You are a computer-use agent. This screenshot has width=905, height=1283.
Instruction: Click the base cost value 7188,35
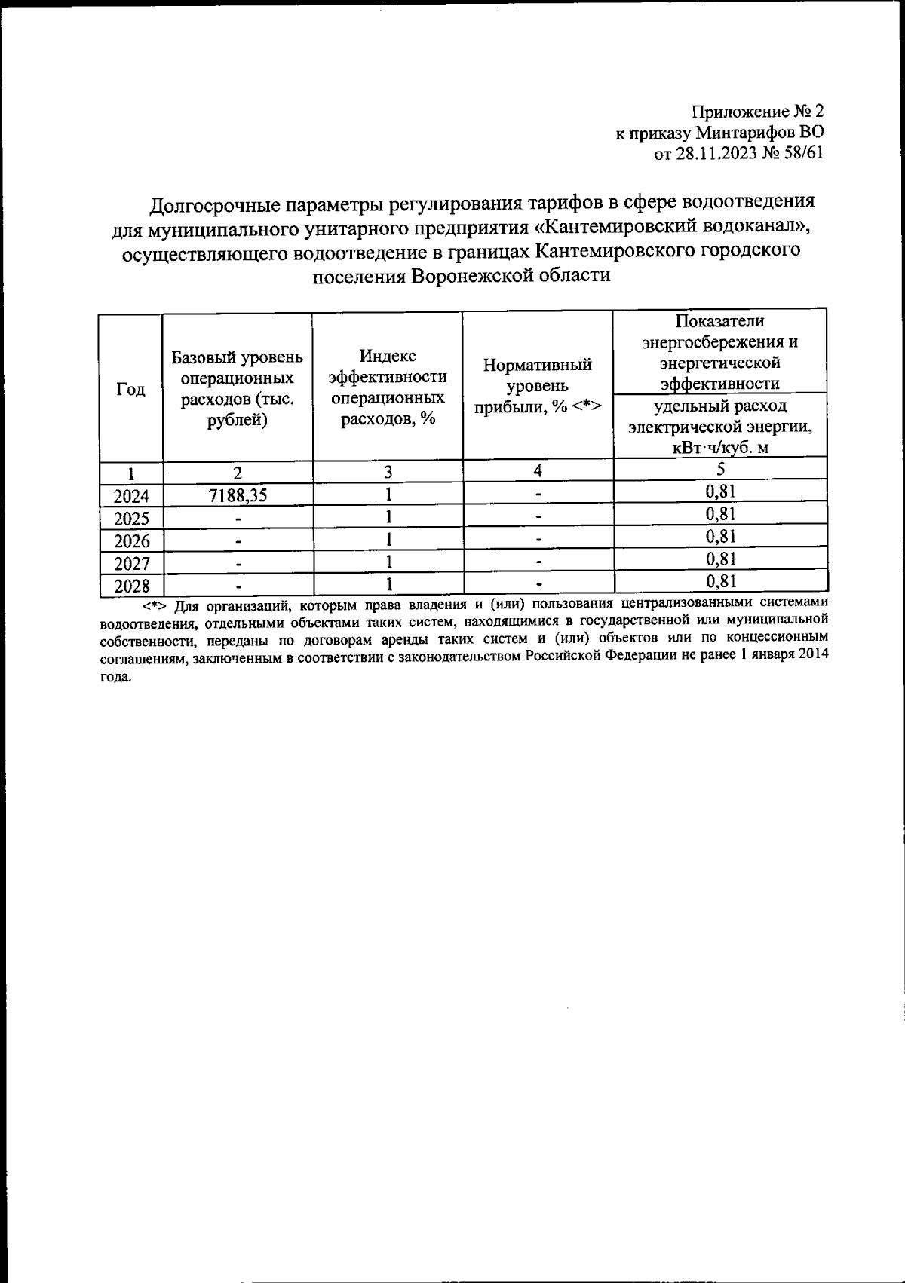pyautogui.click(x=238, y=495)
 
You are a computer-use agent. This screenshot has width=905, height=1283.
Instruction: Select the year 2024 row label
pyautogui.click(x=131, y=496)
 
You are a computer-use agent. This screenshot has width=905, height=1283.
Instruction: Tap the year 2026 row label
pyautogui.click(x=131, y=541)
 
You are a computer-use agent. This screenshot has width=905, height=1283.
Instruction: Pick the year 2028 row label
pyautogui.click(x=131, y=586)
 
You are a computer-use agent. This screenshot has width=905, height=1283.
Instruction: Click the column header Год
pyautogui.click(x=131, y=389)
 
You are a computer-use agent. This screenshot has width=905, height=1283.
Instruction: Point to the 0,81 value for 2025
pyautogui.click(x=720, y=515)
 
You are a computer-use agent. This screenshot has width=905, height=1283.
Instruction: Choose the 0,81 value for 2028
pyautogui.click(x=720, y=581)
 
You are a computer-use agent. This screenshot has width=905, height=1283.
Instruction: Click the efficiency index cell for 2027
pyautogui.click(x=388, y=562)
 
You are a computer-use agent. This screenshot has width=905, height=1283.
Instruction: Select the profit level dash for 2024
pyautogui.click(x=538, y=495)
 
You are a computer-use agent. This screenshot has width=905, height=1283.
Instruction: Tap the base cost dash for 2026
pyautogui.click(x=238, y=541)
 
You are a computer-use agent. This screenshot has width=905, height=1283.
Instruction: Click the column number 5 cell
pyautogui.click(x=720, y=470)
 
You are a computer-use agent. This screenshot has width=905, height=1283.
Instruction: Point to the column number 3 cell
pyautogui.click(x=388, y=472)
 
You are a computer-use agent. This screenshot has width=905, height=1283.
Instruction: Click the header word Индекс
pyautogui.click(x=388, y=356)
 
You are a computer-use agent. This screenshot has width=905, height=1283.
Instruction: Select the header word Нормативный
pyautogui.click(x=537, y=366)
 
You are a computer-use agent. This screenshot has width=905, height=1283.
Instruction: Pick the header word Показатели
pyautogui.click(x=719, y=321)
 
